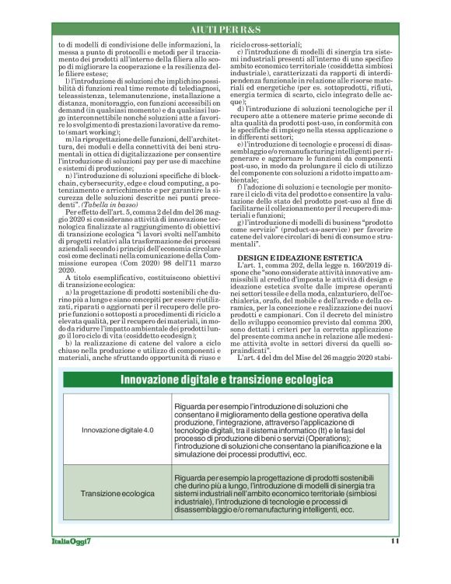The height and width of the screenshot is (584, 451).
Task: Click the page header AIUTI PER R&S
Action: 226,29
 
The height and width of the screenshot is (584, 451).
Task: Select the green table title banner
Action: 226,380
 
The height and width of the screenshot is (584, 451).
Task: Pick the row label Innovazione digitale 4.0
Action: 118,429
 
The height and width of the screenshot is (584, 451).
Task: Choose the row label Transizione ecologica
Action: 117,493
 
